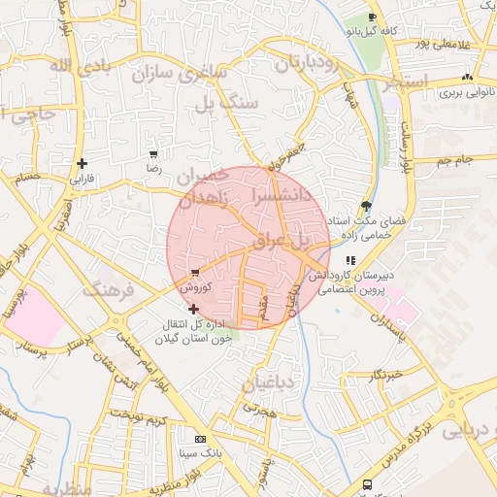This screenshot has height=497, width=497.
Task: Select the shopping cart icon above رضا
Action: tap(153, 154)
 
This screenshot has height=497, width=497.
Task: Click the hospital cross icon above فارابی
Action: tap(82, 163)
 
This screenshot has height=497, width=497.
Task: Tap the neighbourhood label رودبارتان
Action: tap(306, 63)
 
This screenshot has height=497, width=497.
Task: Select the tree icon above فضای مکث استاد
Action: tap(365, 206)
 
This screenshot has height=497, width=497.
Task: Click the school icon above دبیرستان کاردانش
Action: tap(350, 260)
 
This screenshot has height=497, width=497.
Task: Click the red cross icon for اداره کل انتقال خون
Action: tap(193, 309)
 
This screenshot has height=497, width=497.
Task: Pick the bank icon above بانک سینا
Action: tap(200, 438)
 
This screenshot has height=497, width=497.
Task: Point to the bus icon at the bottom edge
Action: tap(367, 484)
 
